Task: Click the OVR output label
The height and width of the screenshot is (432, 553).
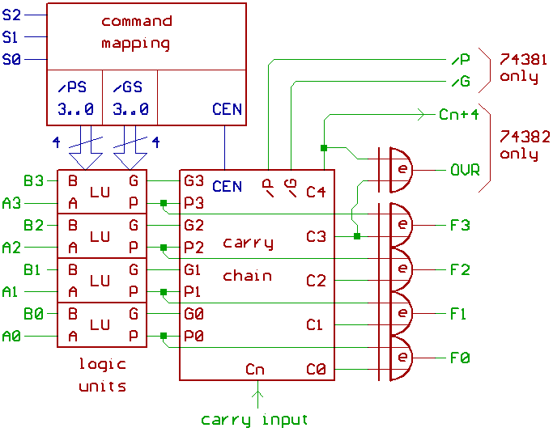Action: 465,171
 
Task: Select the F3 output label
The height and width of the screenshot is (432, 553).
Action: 460,225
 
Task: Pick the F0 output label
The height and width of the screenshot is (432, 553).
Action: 460,358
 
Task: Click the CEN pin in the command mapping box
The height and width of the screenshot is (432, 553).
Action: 227,108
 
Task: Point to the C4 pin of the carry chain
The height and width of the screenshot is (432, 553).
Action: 316,193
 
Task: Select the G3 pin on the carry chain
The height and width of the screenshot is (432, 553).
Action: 194,180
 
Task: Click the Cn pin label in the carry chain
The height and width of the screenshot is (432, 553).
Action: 256,370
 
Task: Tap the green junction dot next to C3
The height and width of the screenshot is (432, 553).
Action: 357,236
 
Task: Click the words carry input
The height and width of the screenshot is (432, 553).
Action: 254,420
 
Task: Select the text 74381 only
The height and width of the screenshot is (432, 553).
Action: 523,68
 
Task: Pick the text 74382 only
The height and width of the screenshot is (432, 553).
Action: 523,145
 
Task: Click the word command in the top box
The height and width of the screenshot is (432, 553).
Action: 136,21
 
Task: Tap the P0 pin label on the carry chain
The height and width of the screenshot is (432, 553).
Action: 194,336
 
